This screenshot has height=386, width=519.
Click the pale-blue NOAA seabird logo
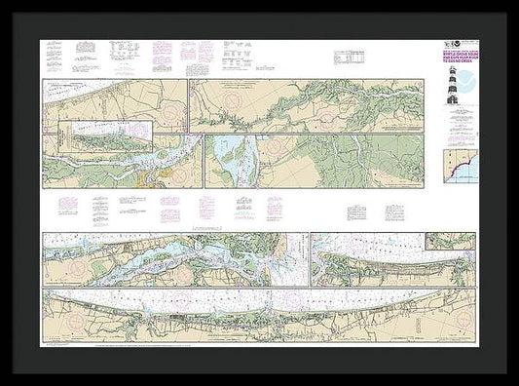468,81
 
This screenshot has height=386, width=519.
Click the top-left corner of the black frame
3,3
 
